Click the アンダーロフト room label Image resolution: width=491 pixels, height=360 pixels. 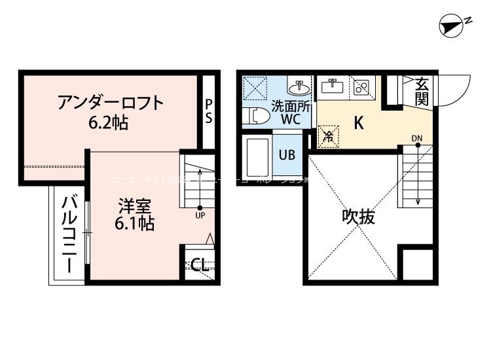(x=109, y=103)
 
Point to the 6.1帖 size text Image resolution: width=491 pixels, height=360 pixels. (x=135, y=224)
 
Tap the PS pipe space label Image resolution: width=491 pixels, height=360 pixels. (x=208, y=111)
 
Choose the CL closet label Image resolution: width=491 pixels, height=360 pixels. (x=200, y=265)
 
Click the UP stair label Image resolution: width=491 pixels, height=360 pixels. (x=200, y=215)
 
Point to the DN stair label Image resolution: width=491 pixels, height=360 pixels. (x=417, y=138)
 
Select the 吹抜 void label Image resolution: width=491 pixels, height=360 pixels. (x=359, y=217)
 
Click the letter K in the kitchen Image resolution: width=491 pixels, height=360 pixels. (x=359, y=122)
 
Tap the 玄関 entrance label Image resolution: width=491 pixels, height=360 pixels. (x=422, y=91)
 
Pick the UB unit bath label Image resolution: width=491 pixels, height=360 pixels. (x=287, y=155)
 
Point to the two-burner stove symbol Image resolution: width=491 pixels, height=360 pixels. (x=362, y=86)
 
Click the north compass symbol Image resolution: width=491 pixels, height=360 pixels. (x=454, y=26)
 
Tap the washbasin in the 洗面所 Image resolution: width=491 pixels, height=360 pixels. (x=302, y=87)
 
